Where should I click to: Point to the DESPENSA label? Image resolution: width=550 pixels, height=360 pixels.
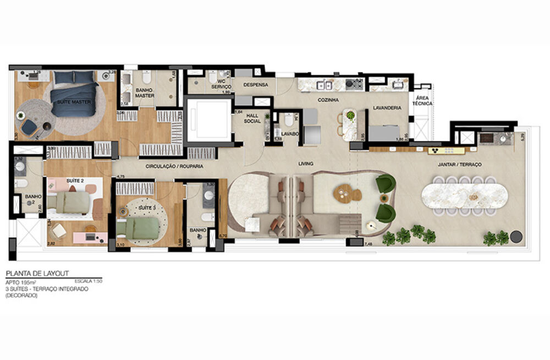pos(255,85)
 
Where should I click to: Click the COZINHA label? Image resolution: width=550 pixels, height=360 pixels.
pos(327,100)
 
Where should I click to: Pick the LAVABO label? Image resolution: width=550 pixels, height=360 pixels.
pos(289,134)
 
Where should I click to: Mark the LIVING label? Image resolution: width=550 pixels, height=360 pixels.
pos(306,163)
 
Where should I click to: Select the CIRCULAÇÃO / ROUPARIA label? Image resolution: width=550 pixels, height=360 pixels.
pos(174,166)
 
